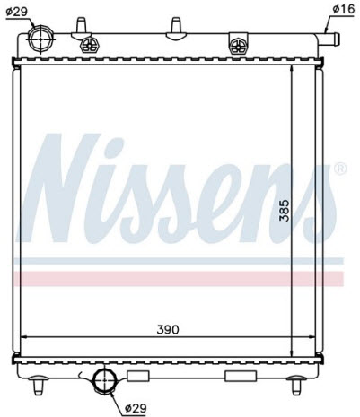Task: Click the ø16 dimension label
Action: (x=343, y=10)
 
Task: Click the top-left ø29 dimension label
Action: (x=17, y=12)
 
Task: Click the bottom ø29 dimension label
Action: (x=136, y=408)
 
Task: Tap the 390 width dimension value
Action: (x=168, y=330)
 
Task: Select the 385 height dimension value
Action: (x=285, y=210)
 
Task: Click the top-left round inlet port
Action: (x=40, y=39)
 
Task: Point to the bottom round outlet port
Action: (x=104, y=380)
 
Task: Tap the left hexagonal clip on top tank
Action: (x=89, y=45)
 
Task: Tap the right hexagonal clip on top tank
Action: (x=238, y=46)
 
